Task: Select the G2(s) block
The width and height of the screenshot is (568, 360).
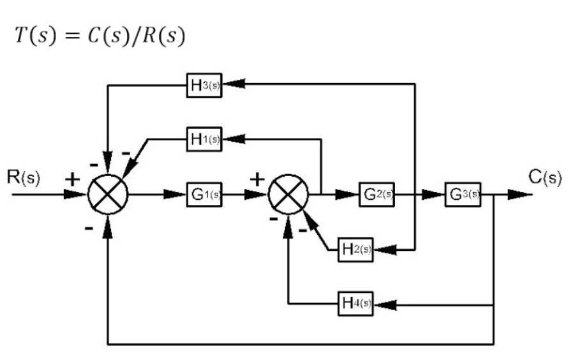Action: (x=376, y=194)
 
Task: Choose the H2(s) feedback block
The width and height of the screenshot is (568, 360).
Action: (x=355, y=250)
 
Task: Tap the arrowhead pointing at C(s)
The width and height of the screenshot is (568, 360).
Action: (x=519, y=194)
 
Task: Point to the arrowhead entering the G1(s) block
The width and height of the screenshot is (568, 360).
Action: (x=176, y=194)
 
